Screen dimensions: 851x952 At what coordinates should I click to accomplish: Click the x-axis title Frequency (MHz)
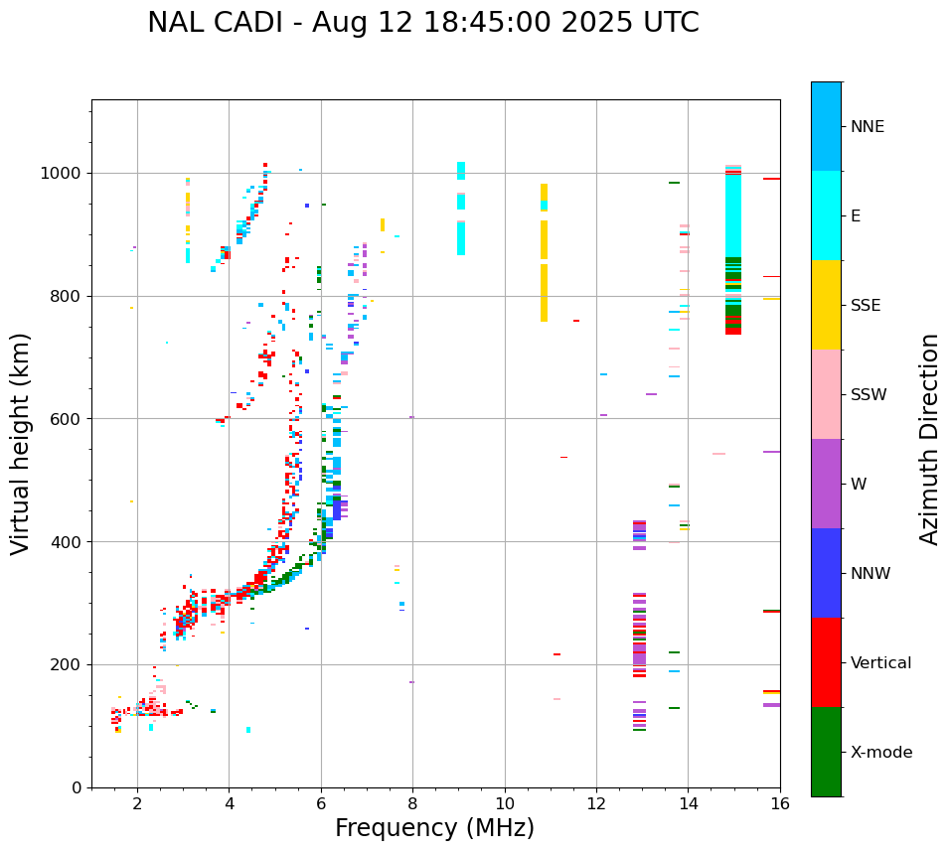[x=434, y=828]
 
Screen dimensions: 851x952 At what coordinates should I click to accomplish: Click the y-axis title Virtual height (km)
[x=21, y=444]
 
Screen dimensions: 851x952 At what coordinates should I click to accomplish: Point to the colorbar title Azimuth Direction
[x=929, y=439]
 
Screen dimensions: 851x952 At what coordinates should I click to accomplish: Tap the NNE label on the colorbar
[x=867, y=127]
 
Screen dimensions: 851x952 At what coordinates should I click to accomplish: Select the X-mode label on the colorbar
[x=881, y=753]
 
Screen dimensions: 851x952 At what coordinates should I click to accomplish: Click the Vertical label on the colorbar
[x=880, y=663]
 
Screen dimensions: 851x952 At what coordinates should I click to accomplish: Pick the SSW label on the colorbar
[x=869, y=395]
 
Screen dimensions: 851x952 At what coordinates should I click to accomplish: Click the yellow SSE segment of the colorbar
[x=826, y=305]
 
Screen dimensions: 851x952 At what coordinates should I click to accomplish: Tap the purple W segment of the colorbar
[x=826, y=484]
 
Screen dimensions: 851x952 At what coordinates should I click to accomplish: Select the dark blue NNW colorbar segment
[x=826, y=573]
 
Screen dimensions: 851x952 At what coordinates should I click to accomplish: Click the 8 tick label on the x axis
[x=412, y=804]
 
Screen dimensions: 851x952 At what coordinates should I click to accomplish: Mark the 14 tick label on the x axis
[x=688, y=804]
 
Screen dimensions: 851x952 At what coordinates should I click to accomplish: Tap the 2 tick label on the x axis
[x=137, y=804]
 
